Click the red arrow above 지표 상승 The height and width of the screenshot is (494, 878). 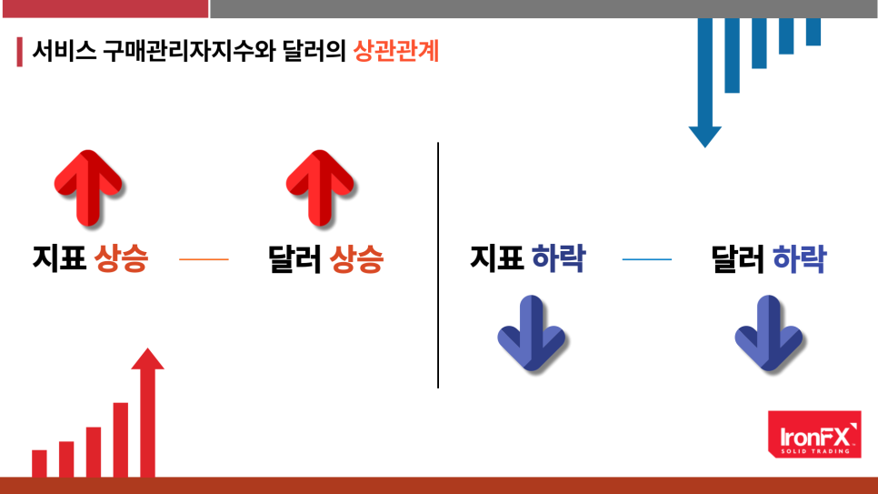coord(88,187)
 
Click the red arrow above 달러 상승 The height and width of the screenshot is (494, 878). coord(320,187)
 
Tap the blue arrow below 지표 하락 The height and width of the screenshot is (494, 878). coord(532,333)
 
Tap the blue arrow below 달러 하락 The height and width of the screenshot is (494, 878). coord(769,333)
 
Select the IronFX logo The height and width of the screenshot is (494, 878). coord(814,434)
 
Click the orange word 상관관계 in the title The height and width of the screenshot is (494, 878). coord(396,51)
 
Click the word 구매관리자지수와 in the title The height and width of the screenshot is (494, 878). coord(189,51)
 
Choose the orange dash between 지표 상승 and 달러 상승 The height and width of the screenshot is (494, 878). coord(204,259)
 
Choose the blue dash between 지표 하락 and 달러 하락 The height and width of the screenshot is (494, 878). coord(647,259)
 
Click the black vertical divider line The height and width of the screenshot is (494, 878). coord(438,265)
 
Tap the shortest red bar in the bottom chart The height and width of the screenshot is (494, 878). coord(39,463)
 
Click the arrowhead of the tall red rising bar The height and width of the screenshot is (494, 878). coord(147,358)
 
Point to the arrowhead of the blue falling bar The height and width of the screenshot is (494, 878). coord(704,136)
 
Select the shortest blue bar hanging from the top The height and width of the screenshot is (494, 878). coord(813,32)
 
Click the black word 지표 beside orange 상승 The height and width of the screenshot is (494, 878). coord(59,258)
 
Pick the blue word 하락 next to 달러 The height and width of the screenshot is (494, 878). coord(799,258)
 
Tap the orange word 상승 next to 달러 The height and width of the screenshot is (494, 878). coord(356,258)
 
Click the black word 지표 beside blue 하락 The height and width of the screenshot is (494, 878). coord(496,258)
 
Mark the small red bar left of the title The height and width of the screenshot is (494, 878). coord(20,52)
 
